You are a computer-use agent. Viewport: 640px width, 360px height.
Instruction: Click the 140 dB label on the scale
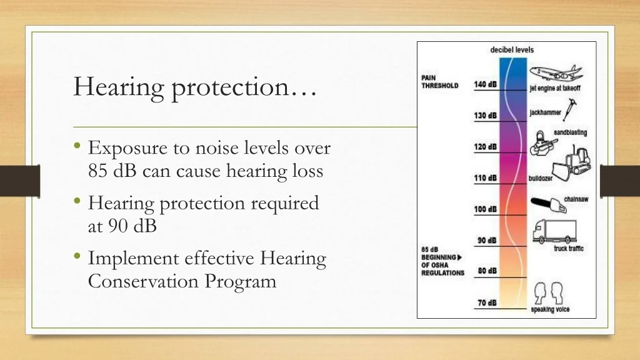point(485,84)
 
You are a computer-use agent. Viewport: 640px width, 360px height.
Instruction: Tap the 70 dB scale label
point(487,303)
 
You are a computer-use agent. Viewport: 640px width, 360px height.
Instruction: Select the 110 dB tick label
point(485,178)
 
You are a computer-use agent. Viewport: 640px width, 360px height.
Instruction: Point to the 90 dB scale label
point(487,241)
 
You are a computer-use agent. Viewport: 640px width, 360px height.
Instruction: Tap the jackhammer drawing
point(570,109)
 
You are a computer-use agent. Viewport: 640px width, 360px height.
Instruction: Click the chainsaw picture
point(549,204)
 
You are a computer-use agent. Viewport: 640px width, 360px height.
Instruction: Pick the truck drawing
point(554,231)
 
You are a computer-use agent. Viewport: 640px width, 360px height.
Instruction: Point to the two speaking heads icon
point(549,292)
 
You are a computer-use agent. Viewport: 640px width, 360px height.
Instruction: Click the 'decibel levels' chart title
point(512,50)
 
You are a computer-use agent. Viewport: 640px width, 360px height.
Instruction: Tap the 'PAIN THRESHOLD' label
point(439,82)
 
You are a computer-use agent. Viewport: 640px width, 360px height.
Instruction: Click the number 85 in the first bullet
point(97,171)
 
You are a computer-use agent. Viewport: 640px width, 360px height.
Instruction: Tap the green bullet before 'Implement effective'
point(77,256)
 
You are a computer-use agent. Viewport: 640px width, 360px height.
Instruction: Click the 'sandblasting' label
point(570,132)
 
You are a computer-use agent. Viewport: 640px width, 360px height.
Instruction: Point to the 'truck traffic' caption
point(569,249)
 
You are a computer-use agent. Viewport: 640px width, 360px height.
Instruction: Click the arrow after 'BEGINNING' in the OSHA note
point(459,257)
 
